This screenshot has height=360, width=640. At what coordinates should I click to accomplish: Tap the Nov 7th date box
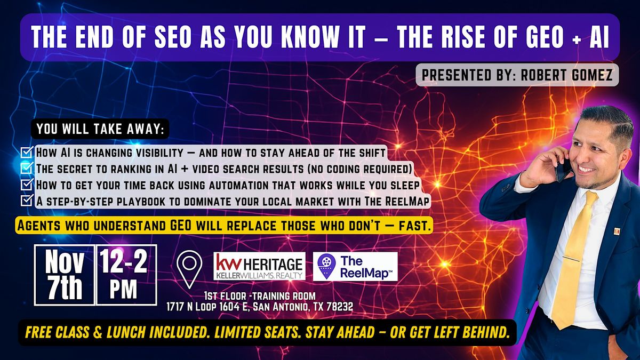pyautogui.click(x=64, y=275)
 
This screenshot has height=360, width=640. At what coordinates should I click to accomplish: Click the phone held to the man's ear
pyautogui.click(x=561, y=170)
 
